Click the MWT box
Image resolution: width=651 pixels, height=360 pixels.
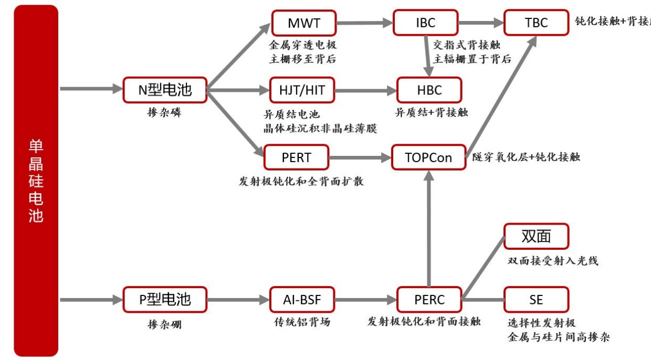point(303,23)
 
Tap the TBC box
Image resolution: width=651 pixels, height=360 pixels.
point(536,23)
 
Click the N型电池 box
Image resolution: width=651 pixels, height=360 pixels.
point(165,90)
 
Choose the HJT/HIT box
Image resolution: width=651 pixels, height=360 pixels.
point(302,90)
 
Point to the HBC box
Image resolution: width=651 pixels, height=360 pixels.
point(429,90)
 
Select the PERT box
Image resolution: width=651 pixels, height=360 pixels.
point(296,157)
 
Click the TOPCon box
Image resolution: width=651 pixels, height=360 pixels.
point(428,157)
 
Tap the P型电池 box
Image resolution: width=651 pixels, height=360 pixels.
point(165,300)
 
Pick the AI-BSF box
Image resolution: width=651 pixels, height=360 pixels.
point(302,300)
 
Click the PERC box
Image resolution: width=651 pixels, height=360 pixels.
point(429,300)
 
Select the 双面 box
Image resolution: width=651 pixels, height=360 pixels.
point(536,236)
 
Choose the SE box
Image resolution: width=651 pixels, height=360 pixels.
point(536,300)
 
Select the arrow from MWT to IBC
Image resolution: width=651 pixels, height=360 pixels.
point(364,23)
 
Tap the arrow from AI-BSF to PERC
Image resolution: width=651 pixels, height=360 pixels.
point(365,300)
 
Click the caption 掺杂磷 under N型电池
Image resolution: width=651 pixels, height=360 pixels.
point(164,112)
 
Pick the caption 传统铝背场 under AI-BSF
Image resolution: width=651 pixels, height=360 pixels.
point(302,322)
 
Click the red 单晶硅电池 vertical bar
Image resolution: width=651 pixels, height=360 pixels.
point(36,181)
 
